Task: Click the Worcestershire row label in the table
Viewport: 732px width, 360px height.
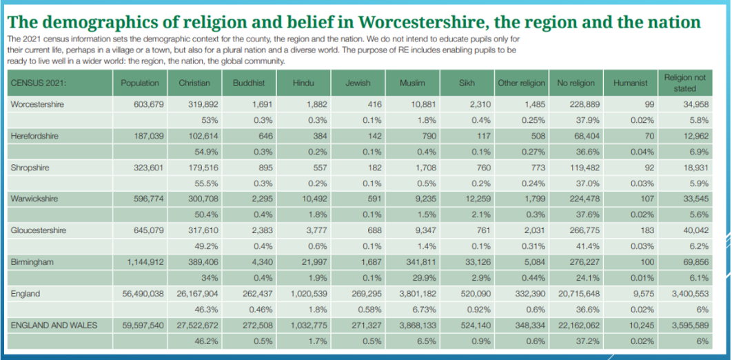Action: pyautogui.click(x=37, y=104)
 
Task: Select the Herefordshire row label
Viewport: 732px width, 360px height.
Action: pyautogui.click(x=34, y=136)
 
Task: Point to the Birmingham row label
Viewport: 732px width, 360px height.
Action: pyautogui.click(x=32, y=262)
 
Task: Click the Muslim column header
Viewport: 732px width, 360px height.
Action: pyautogui.click(x=412, y=83)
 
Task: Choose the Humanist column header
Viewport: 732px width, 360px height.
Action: pyautogui.click(x=630, y=83)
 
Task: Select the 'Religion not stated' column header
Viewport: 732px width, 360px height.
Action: pyautogui.click(x=685, y=83)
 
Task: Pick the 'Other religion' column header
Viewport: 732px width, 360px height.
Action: pyautogui.click(x=521, y=83)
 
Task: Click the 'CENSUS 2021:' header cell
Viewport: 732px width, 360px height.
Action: pyautogui.click(x=38, y=83)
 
